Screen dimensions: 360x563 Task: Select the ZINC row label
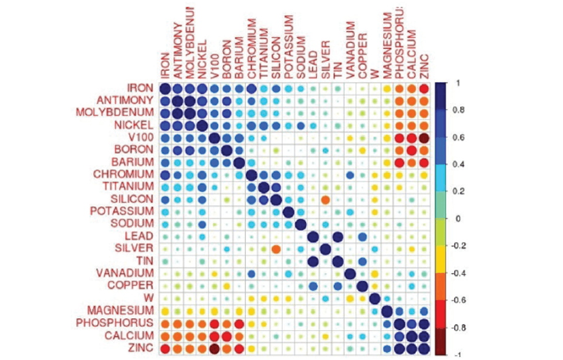coord(142,348)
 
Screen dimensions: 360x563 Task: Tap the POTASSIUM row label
coord(122,212)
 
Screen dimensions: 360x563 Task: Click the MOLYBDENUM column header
coord(190,43)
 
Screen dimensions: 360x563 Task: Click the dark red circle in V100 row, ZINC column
coord(424,138)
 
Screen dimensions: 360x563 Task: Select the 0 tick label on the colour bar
coord(457,219)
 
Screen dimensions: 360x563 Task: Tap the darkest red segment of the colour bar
coord(441,341)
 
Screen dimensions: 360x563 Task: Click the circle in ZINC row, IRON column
coord(165,348)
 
